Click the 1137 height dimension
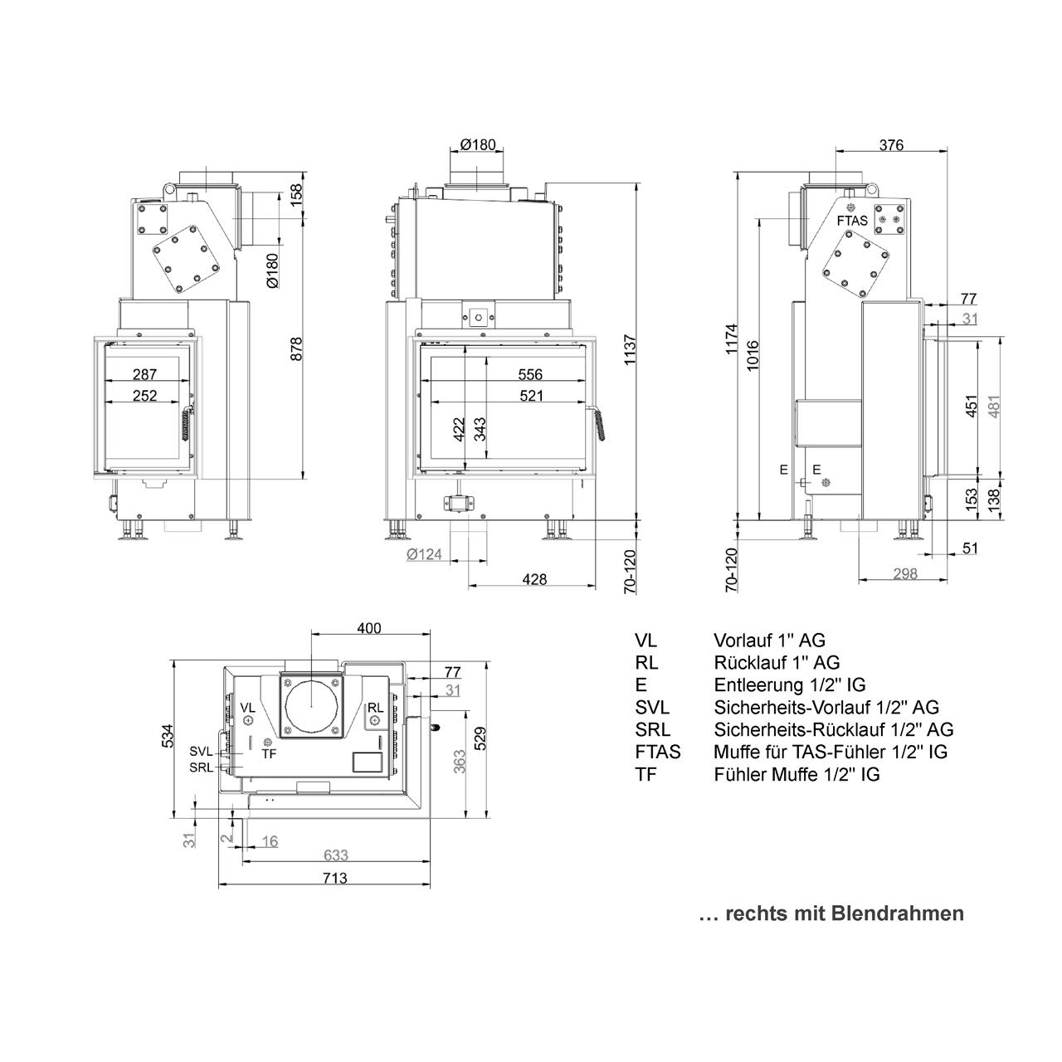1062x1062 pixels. coord(630,349)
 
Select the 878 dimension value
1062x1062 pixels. coord(296,348)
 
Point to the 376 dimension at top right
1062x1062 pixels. coord(891,145)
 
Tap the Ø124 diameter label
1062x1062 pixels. coord(424,554)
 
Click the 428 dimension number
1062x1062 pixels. coord(534,579)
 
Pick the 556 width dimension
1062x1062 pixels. coord(530,375)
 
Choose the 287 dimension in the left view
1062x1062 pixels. coord(145,375)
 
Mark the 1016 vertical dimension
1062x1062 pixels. coord(753,355)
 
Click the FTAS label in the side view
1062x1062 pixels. coord(852,221)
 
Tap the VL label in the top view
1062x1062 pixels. coord(248,708)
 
